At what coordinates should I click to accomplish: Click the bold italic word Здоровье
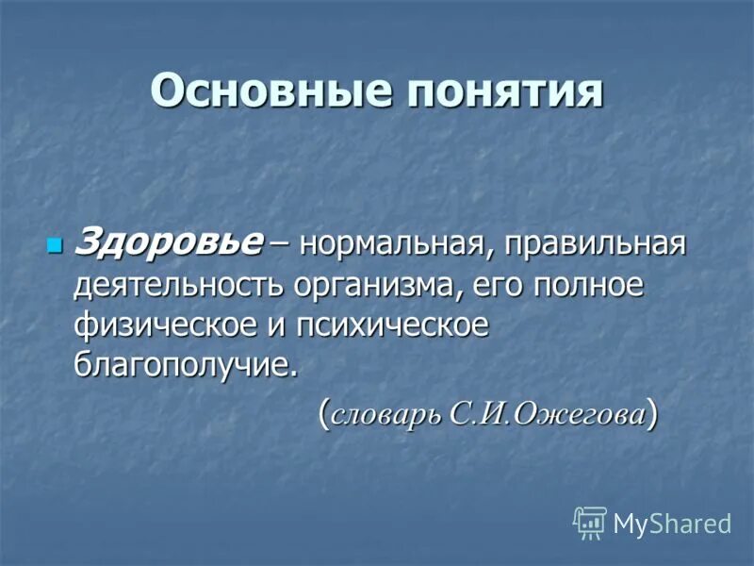tap(168, 244)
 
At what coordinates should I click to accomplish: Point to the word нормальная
tap(397, 245)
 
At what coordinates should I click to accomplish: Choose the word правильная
tap(593, 245)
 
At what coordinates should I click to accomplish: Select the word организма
tap(371, 286)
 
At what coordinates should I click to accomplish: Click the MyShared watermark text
tap(672, 524)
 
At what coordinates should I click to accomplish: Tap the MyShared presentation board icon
tap(590, 522)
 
